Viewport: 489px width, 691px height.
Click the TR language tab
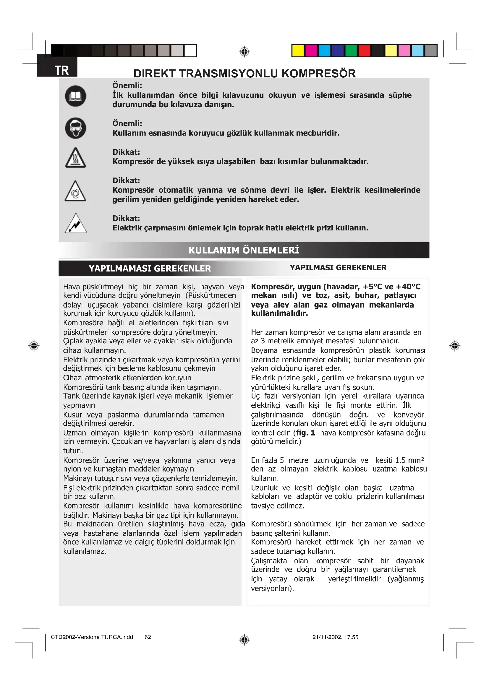[x=61, y=70]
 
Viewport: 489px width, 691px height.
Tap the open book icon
[x=76, y=96]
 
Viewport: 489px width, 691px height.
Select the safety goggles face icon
[x=76, y=128]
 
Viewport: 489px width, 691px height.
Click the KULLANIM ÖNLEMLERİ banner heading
[x=244, y=250]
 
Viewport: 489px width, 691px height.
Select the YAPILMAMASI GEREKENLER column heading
[x=150, y=269]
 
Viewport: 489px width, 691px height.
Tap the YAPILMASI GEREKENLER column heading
[x=338, y=268]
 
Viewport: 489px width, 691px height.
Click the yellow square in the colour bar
[x=298, y=51]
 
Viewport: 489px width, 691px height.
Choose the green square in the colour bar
[x=351, y=51]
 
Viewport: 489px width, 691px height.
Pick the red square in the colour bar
[x=364, y=51]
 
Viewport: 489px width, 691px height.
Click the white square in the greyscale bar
[x=190, y=51]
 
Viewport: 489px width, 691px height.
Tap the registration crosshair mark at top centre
[x=244, y=52]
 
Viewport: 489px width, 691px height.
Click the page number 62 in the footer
[x=148, y=637]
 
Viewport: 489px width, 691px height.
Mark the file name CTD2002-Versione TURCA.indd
[x=92, y=637]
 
